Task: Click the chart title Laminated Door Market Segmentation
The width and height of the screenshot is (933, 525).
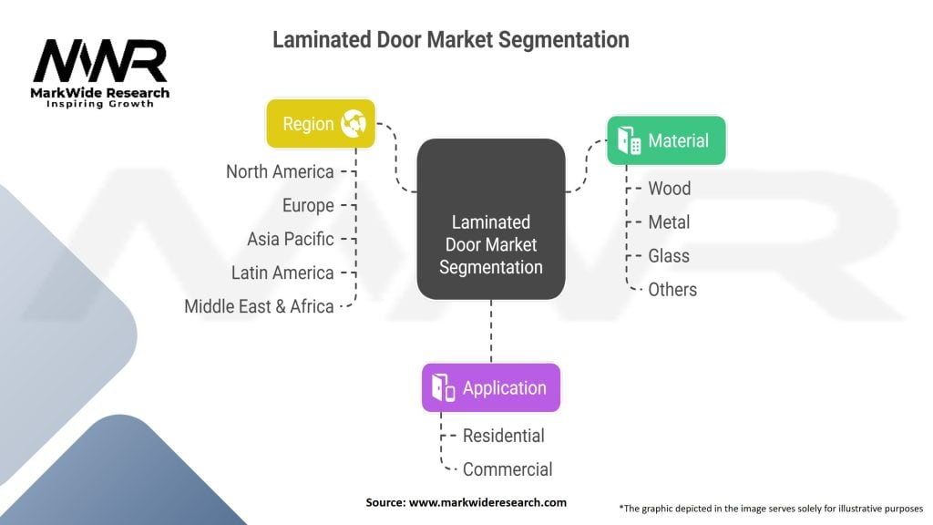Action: pos(450,40)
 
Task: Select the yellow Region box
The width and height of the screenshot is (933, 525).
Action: pos(320,123)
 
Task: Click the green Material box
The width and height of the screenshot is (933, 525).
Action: pos(666,140)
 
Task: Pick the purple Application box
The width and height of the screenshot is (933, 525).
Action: pos(490,387)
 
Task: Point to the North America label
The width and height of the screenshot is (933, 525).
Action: pos(280,171)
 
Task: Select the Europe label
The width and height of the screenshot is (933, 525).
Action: pos(308,205)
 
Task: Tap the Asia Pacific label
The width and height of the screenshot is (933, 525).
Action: pos(291,239)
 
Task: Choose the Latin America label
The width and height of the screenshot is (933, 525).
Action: pos(282,273)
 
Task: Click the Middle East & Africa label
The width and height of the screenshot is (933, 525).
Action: pos(259,306)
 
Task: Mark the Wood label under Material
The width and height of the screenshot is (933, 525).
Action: pos(669,189)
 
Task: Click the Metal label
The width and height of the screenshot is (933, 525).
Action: pos(669,222)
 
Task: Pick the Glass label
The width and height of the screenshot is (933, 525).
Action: pos(669,256)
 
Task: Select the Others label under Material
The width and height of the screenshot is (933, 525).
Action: pos(672,290)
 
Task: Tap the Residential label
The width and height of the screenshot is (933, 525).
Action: pos(503,436)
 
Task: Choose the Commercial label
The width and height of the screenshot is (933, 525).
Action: pos(508,469)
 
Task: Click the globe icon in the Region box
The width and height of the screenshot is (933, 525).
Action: pos(353,124)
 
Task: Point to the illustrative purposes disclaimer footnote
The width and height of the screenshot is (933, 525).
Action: pos(771,508)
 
